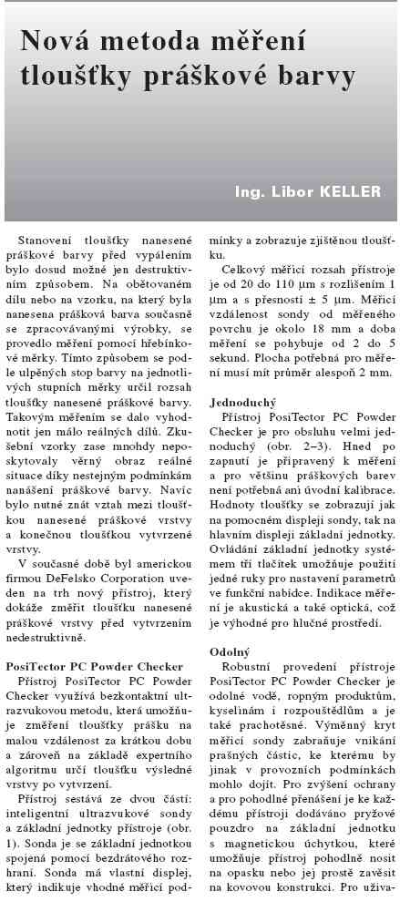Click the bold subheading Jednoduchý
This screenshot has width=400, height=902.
click(x=244, y=401)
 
